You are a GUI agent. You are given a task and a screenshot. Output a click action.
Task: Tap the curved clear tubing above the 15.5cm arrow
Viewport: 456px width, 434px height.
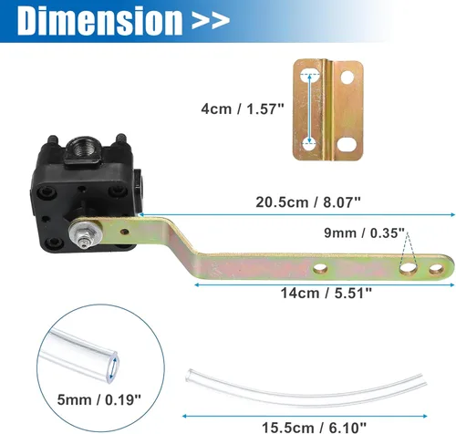[x=306, y=383]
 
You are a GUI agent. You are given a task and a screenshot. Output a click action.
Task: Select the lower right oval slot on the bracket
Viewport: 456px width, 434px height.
[x=347, y=143]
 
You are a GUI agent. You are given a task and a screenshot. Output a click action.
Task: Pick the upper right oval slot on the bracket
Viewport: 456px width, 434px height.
[x=347, y=76]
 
